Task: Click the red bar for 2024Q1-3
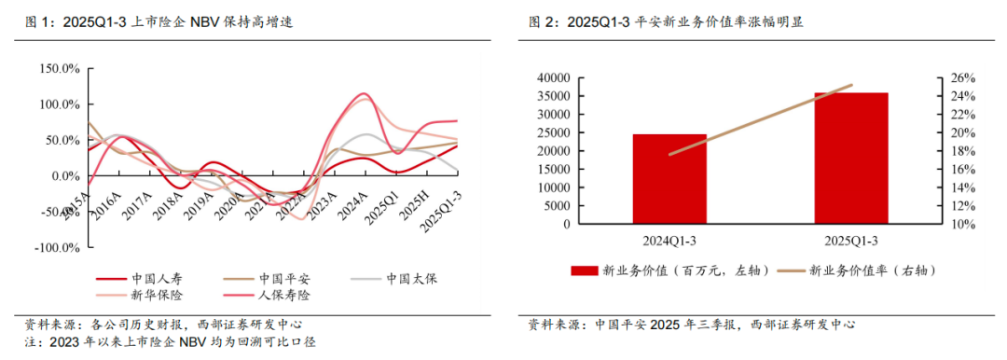tap(669, 179)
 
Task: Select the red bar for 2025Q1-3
tap(851, 158)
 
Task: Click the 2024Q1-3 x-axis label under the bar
tap(669, 241)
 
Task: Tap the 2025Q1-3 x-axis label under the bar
tap(851, 241)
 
